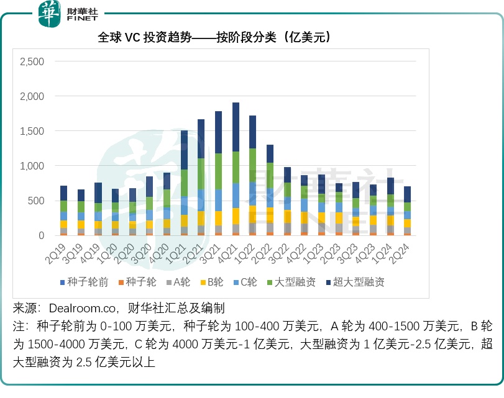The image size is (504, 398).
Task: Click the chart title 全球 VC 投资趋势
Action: pos(214,38)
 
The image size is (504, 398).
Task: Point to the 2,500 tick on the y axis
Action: pos(32,62)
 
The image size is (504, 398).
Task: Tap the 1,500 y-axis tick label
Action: pos(32,132)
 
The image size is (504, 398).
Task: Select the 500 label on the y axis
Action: pos(36,201)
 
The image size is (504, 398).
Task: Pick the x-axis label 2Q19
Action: pos(57,251)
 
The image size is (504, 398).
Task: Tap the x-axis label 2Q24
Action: pos(419,251)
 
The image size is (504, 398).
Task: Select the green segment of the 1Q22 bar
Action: pos(252,165)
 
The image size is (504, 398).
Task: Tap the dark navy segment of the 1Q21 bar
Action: pos(184,150)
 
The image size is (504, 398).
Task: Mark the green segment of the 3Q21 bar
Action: pos(218,171)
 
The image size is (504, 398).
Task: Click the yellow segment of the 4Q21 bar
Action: pos(236,216)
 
